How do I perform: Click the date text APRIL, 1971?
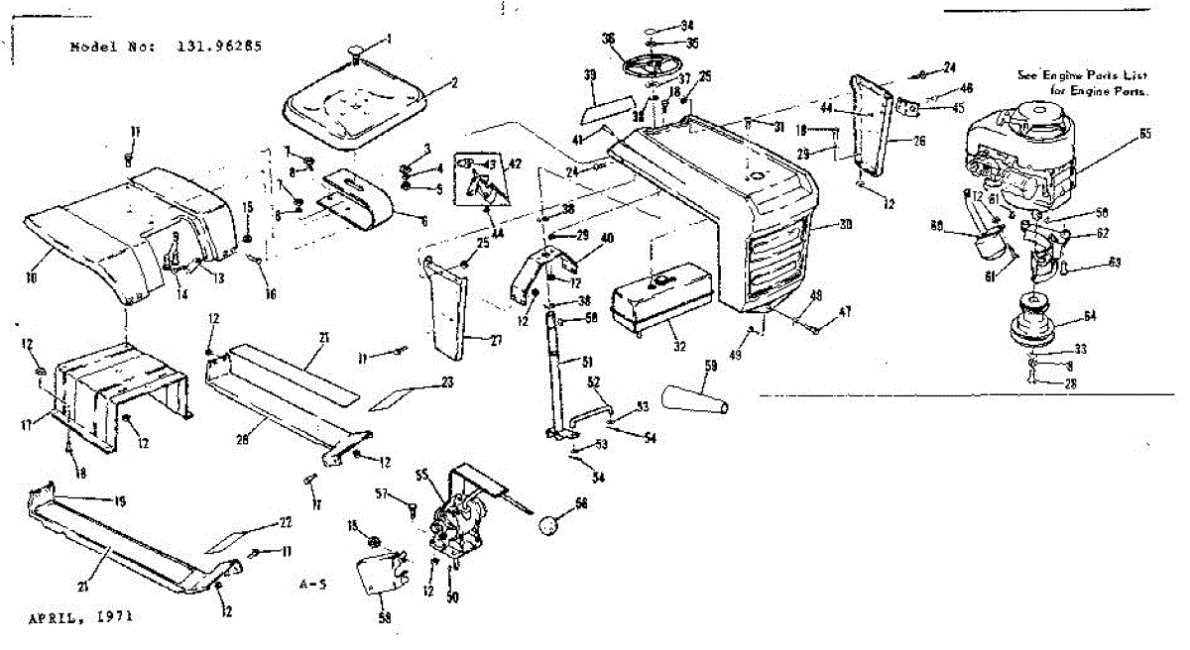coord(79,615)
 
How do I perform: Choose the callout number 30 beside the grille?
coord(846,225)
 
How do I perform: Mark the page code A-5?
coord(310,585)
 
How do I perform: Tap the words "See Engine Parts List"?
coord(1084,75)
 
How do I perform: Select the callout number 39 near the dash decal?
coord(590,76)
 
